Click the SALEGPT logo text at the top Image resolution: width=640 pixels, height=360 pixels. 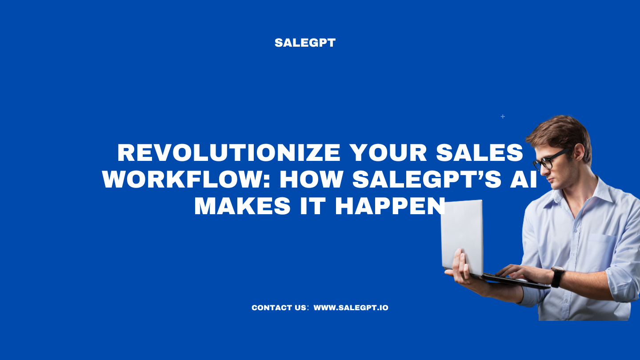[x=305, y=43]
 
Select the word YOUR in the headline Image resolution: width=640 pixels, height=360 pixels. [x=386, y=153]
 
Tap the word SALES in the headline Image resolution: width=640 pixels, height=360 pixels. [x=480, y=153]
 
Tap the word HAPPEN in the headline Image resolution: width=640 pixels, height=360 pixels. [x=390, y=207]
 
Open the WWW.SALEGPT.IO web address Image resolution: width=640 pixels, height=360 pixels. [x=351, y=308]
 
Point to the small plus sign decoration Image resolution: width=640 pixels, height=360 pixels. [x=503, y=116]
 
